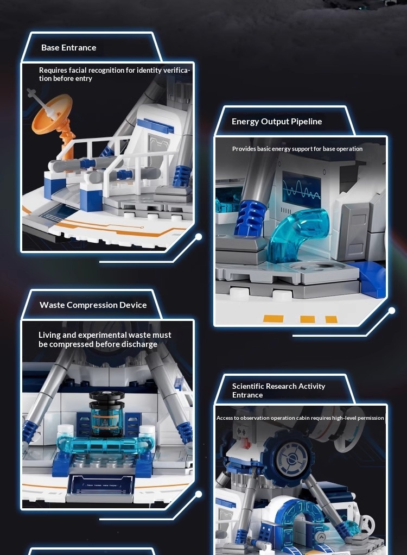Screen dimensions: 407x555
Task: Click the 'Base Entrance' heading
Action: (68, 47)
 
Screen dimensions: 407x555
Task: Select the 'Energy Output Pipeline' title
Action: (277, 122)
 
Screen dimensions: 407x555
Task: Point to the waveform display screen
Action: (301, 190)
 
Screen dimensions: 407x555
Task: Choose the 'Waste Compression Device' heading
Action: (93, 305)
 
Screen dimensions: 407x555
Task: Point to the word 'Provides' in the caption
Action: (244, 149)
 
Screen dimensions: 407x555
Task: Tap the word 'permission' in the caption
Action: (371, 418)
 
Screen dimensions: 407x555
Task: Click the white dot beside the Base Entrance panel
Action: (199, 236)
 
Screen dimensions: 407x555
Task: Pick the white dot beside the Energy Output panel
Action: (392, 311)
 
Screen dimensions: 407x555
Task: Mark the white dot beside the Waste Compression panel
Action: (199, 494)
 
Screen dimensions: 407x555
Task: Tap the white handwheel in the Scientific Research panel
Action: (366, 522)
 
